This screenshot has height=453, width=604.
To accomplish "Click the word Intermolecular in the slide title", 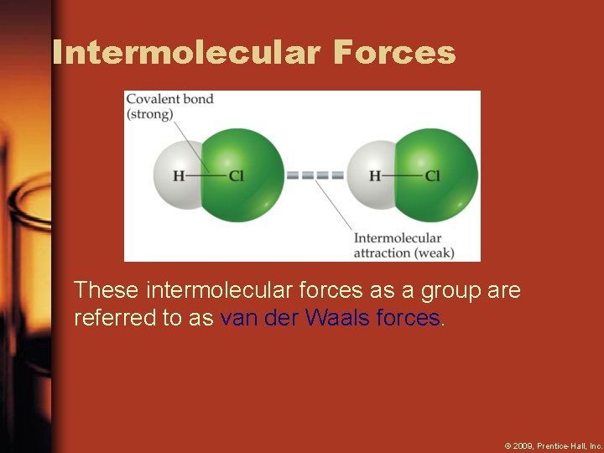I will [x=186, y=52].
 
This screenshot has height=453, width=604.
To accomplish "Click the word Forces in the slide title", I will [x=394, y=52].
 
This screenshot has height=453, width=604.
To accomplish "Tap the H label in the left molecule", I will [x=179, y=176].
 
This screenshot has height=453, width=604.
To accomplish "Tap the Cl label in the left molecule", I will [x=237, y=176].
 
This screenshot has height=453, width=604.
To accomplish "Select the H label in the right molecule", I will [x=375, y=176].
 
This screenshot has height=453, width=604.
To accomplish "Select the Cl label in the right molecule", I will [x=433, y=176].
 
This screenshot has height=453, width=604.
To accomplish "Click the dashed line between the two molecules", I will [x=315, y=176].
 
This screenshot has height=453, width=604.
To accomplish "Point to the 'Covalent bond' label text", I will [x=169, y=99].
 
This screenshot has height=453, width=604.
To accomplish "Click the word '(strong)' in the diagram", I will [x=149, y=114].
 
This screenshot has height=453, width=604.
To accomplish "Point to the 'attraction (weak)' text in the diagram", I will [x=404, y=253].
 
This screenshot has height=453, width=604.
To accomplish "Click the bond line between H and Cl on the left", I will [x=206, y=176].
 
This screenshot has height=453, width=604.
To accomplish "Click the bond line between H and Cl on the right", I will [x=403, y=176].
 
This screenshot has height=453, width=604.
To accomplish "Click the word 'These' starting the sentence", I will [x=107, y=291].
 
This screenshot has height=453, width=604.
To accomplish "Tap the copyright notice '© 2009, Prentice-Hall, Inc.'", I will [x=553, y=445].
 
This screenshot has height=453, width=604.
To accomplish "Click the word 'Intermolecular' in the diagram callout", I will [x=397, y=238].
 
